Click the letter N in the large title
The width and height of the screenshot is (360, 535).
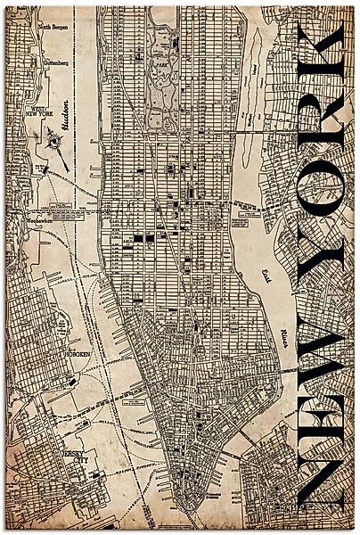(320, 481)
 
